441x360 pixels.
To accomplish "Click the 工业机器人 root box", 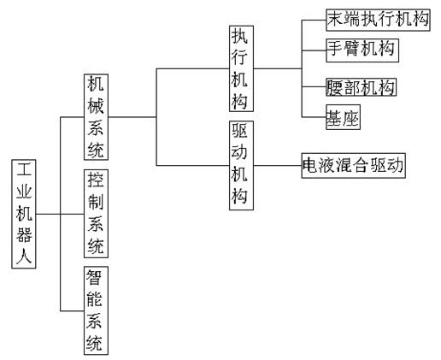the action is point(24,214).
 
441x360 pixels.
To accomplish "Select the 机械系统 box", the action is point(96,117).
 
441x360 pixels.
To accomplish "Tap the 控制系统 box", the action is point(96,214).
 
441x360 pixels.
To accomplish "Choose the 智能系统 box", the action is point(96,310).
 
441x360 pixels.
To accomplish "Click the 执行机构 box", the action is point(241,68).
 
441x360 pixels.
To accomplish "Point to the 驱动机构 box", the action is point(241,165).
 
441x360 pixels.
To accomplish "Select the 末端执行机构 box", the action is point(378,20).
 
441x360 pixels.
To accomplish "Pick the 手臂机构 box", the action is point(362,50).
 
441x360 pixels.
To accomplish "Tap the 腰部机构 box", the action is point(361,87).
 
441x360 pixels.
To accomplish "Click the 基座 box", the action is point(343,117).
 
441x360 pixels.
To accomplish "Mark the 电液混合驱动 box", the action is point(353,165).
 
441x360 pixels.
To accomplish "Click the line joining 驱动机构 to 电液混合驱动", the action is point(278,165).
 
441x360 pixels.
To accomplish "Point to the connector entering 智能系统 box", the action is point(72,310).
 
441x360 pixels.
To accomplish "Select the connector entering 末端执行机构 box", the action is point(314,20).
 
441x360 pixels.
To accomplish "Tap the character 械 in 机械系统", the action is point(96,106).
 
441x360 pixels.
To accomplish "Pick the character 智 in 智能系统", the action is point(94,277).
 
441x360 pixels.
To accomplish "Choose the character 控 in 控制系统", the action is point(96,180).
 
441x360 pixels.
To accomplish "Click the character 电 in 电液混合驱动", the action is point(310,166).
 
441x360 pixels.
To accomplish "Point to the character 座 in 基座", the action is point(350,118).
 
